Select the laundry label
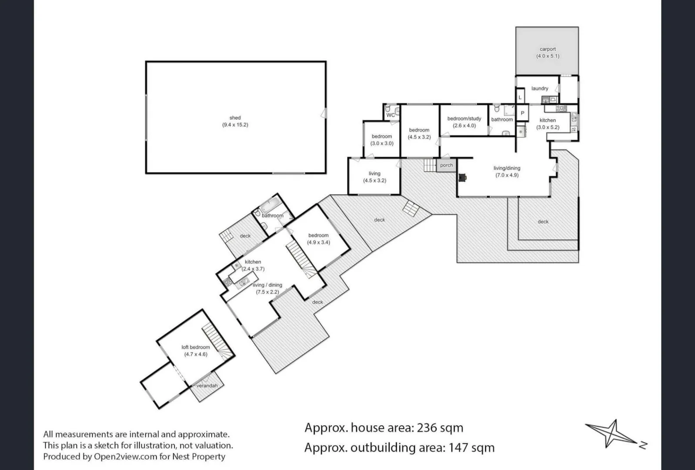coord(540,88)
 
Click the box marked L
coord(520,97)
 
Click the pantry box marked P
coord(523,113)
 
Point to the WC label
coord(390,115)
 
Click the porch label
coord(446,165)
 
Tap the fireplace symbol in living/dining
coord(462,177)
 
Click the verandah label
coord(207,386)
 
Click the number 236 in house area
coord(427,428)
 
